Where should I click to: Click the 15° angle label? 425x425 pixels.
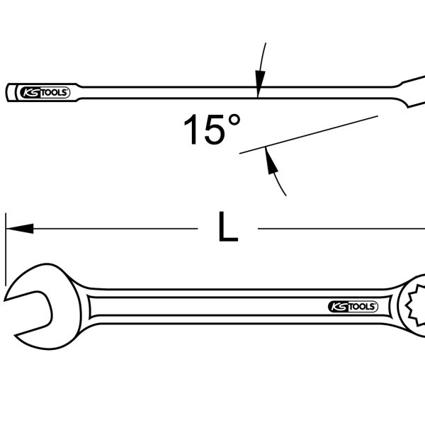coord(212,130)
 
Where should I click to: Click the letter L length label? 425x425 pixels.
coord(228,227)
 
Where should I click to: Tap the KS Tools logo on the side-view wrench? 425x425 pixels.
coord(45,93)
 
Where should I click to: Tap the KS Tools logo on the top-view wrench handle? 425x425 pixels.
coord(353,307)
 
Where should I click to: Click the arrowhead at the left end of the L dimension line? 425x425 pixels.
coord(20,229)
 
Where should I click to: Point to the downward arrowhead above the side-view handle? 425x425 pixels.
coord(260,84)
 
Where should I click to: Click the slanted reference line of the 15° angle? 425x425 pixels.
coord(308,135)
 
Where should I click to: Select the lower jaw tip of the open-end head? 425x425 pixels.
coord(16,336)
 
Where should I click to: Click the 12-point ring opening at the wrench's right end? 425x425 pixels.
coord(415,305)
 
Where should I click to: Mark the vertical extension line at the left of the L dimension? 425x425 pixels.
coord(6,249)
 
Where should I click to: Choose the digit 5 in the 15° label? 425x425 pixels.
coord(215,130)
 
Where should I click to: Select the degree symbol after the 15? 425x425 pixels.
coord(234,120)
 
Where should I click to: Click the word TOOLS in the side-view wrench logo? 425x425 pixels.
coord(55,93)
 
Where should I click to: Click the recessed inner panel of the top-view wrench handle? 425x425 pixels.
coord(241,307)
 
